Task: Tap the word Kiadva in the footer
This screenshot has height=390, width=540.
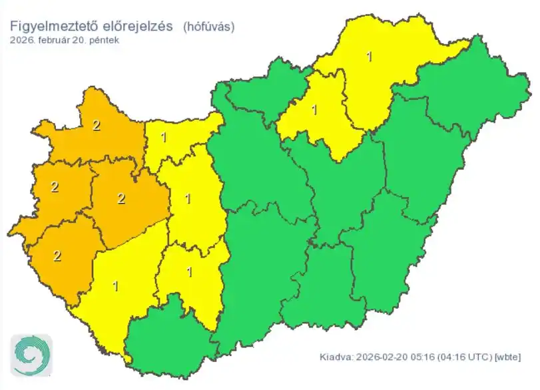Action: tap(333, 357)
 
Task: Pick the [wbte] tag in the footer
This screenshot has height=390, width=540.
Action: tap(507, 357)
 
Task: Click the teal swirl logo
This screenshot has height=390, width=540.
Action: tap(31, 356)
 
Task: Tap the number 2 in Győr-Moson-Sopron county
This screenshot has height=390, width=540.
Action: tap(97, 125)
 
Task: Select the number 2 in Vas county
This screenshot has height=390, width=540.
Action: tap(55, 187)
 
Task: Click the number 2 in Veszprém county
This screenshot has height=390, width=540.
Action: tap(121, 198)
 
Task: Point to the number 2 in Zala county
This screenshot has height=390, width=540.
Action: tap(57, 256)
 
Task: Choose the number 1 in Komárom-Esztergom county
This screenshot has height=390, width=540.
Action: tap(164, 138)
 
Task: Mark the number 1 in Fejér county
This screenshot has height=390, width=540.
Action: tap(188, 198)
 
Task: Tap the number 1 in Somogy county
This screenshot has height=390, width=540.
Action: tap(117, 286)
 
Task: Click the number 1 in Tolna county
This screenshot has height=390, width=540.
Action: tap(189, 272)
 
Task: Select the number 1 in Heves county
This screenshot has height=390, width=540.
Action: tap(315, 108)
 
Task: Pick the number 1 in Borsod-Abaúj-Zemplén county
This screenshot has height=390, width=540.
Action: tap(370, 56)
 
